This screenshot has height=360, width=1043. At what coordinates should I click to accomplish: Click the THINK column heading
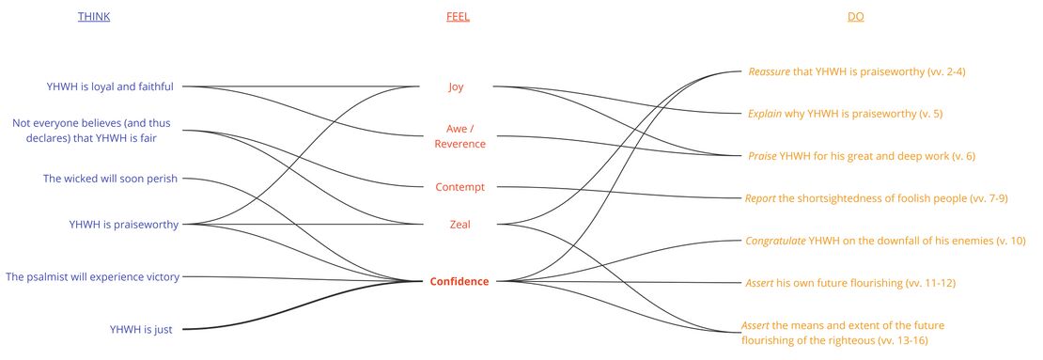[94, 17]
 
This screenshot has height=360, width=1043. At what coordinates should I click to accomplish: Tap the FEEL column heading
[457, 17]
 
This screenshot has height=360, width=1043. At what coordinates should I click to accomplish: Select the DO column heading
[855, 17]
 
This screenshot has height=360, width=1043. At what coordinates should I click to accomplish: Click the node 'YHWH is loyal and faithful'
[110, 86]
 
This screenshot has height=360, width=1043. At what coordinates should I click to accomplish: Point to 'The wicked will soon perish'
[110, 178]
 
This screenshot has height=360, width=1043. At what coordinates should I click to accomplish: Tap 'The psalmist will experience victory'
[92, 276]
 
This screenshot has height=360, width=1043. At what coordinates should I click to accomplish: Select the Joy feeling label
[456, 86]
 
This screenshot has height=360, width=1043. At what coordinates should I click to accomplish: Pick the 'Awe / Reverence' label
[459, 136]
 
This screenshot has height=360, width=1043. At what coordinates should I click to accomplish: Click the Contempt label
[459, 187]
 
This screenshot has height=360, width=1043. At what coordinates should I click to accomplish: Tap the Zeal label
[459, 224]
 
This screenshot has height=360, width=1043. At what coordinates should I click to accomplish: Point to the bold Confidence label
[459, 281]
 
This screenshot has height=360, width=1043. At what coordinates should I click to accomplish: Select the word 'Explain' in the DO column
[765, 114]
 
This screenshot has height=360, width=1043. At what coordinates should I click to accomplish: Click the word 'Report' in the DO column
[760, 198]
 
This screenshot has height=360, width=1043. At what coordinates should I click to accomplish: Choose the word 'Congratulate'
[775, 241]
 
